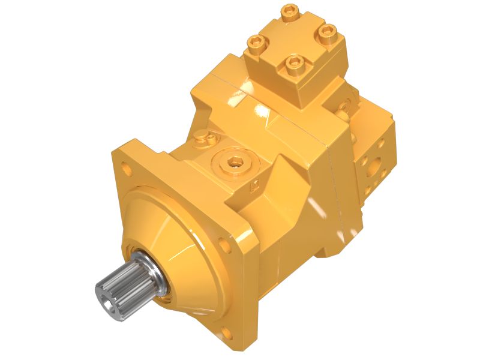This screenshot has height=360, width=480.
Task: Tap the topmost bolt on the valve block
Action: (x=290, y=10)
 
